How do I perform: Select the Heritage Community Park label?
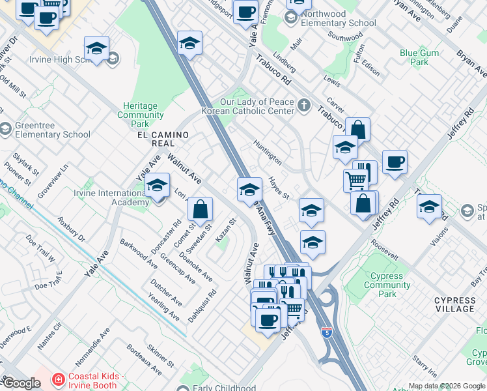pos(141,115)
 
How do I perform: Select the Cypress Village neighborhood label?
pos(455,305)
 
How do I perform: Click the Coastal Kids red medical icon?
pos(58,378)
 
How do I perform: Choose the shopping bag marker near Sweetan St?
pos(201,209)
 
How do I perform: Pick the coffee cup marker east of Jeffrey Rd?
pos(395,162)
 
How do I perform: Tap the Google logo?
pos(21,383)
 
